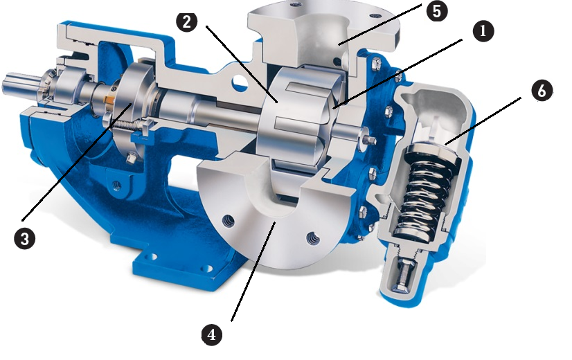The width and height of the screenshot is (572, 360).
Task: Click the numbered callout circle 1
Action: click(x=483, y=31)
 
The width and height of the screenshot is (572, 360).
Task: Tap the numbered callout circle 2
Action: click(x=187, y=21)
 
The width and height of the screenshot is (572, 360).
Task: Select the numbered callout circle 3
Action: click(x=25, y=239)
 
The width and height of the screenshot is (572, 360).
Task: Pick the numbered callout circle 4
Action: click(x=212, y=334)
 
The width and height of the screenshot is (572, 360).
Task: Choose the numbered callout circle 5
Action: click(x=437, y=11)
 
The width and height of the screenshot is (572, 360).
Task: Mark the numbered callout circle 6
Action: click(x=542, y=90)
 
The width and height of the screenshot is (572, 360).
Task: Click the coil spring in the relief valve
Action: click(x=424, y=190)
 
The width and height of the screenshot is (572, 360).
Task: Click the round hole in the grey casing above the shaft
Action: click(x=240, y=83)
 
